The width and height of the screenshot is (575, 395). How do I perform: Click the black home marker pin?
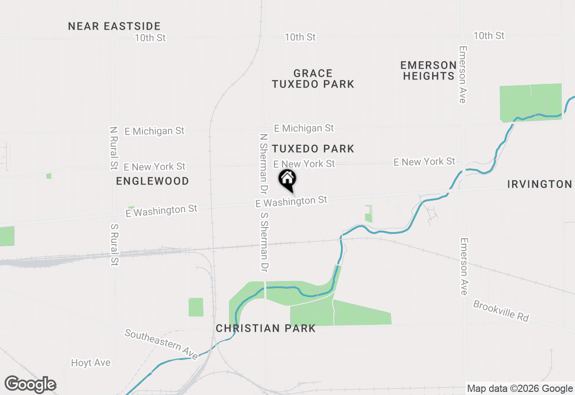click(x=287, y=180)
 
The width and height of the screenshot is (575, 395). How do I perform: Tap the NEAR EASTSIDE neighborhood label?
click(x=114, y=26)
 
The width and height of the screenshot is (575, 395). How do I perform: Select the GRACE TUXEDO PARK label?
click(x=313, y=79)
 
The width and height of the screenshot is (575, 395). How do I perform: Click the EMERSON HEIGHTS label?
click(x=429, y=70)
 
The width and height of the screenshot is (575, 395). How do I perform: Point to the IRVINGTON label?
click(x=539, y=184)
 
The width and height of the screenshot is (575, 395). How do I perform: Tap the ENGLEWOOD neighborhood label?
click(x=152, y=181)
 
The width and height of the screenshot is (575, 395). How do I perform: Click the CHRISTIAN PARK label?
click(x=265, y=329)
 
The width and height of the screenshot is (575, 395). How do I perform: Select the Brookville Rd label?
click(x=501, y=310)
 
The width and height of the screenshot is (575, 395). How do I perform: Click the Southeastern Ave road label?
click(x=161, y=344)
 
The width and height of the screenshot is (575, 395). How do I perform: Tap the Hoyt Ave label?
click(x=91, y=363)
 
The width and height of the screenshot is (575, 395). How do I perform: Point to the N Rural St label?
click(x=113, y=148)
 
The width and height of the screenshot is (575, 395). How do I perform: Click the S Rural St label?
click(x=114, y=243)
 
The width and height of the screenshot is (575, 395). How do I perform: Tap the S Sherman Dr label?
click(x=264, y=242)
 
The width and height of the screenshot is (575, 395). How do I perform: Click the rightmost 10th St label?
click(x=489, y=35)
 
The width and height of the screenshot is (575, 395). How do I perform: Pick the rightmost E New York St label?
click(x=424, y=162)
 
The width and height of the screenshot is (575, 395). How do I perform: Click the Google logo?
click(x=31, y=385)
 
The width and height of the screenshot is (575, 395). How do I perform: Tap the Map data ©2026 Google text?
click(x=520, y=389)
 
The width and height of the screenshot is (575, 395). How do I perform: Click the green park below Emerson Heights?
click(x=530, y=102)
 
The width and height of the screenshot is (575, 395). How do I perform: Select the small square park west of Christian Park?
click(x=196, y=307)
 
